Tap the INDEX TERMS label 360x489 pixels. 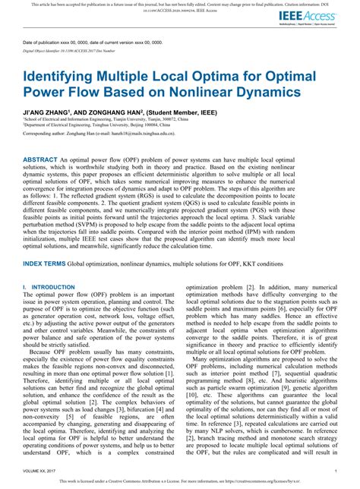44,263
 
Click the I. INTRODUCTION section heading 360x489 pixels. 52,287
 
